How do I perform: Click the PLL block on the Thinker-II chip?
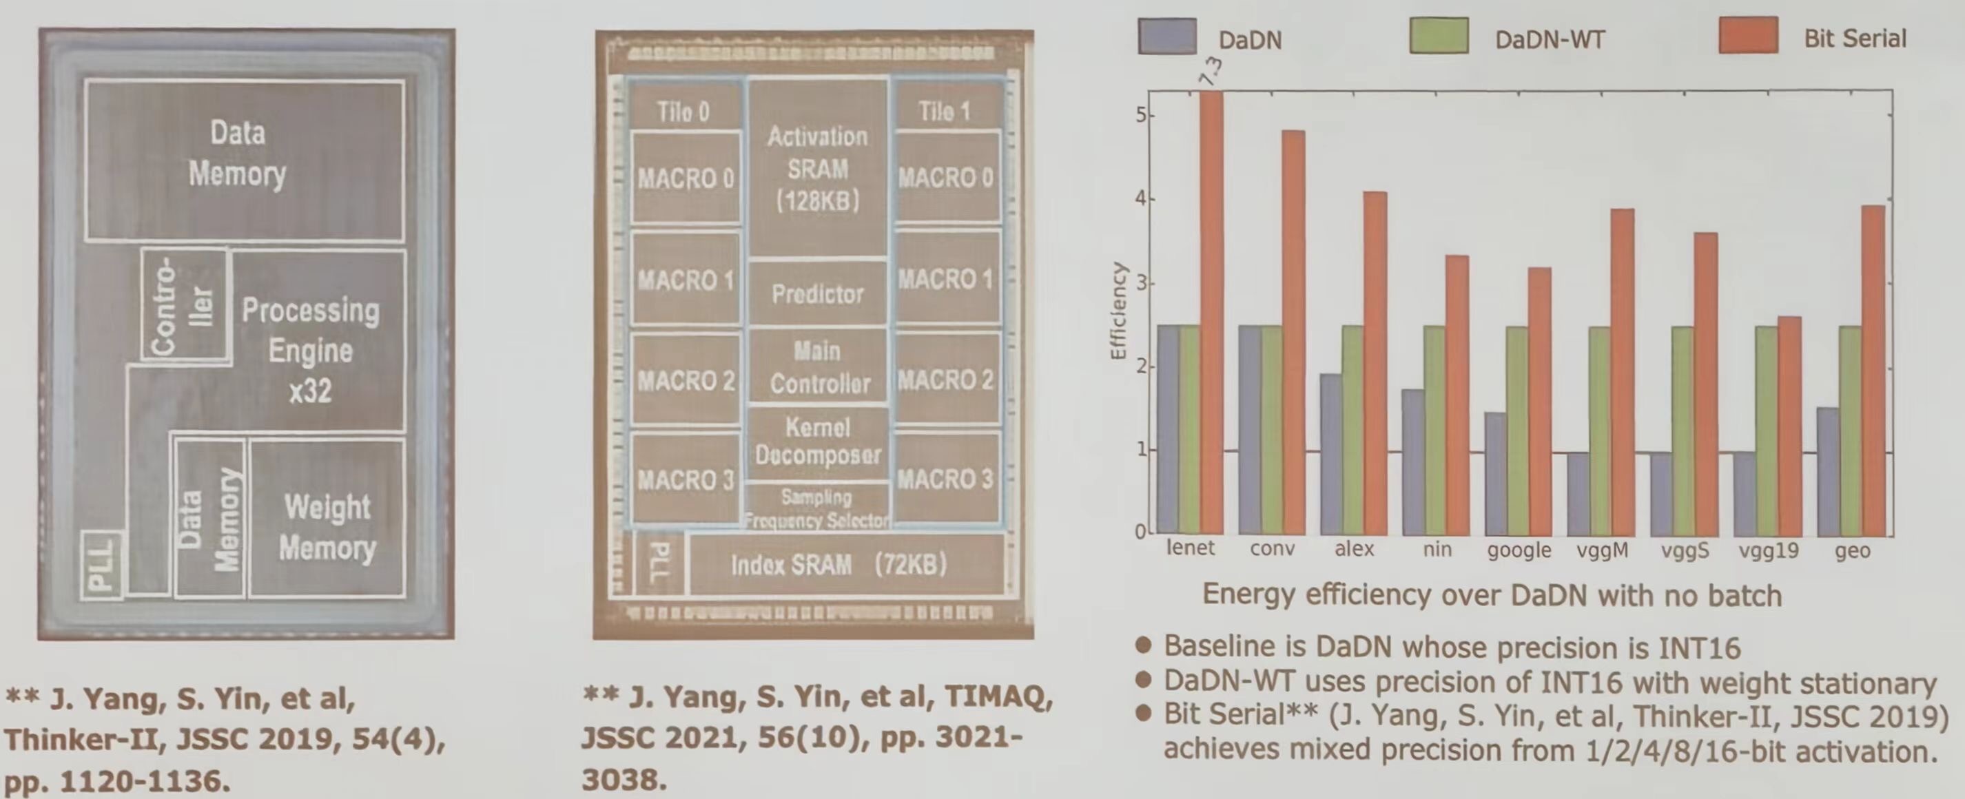pos(102,565)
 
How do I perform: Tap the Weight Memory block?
pos(327,527)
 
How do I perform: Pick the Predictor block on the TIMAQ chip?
pos(817,293)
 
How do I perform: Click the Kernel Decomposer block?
pos(818,442)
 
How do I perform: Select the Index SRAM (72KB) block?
pos(839,565)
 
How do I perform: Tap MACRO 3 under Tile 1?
pos(945,479)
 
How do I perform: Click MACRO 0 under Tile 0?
pos(685,178)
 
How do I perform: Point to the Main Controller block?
pos(818,366)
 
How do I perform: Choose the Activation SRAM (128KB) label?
pos(817,168)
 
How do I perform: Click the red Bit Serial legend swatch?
pos(1747,37)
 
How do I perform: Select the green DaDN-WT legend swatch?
pos(1439,37)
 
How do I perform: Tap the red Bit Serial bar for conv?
pos(1293,331)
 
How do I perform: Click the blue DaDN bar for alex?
pos(1331,454)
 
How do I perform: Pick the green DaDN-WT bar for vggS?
pos(1683,430)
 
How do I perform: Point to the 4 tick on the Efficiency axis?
pos(1140,199)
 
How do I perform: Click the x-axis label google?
pos(1518,550)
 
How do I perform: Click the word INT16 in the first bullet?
pos(1698,647)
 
